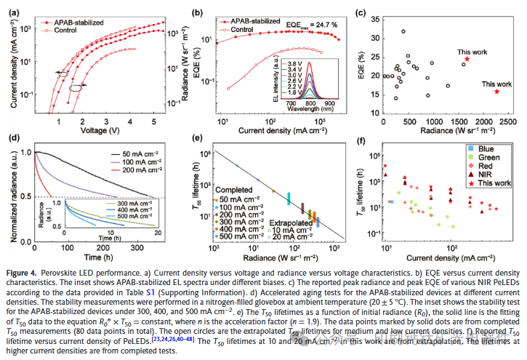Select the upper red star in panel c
pyautogui.click(x=467, y=59)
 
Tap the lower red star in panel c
pyautogui.click(x=496, y=91)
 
